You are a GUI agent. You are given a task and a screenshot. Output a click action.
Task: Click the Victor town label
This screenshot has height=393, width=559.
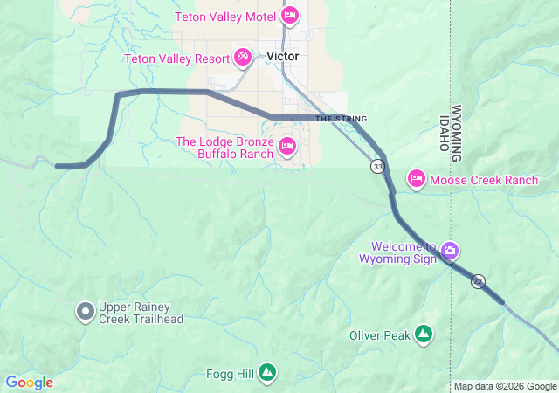(x=282, y=56)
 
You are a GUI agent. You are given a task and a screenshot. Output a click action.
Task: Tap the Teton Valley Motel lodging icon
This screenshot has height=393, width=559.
(x=290, y=15)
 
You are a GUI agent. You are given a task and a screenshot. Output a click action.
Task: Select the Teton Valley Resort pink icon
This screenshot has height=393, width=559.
(x=243, y=59)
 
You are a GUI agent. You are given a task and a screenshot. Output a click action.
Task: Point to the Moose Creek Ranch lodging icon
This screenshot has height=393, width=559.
(x=417, y=180)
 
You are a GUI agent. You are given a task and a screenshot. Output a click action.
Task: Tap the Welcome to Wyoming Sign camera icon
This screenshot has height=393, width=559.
(x=449, y=251)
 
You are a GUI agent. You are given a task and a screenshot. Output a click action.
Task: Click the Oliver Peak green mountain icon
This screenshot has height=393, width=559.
(x=424, y=334)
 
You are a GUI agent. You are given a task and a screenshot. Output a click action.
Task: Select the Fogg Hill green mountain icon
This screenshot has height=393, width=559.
(x=267, y=373)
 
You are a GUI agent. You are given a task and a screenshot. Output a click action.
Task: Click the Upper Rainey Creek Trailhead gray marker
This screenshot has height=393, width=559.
(x=86, y=311)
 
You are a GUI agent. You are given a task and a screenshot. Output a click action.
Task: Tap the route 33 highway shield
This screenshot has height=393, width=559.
(x=377, y=166)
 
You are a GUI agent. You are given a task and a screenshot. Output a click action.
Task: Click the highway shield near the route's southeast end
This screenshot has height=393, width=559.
(x=478, y=280)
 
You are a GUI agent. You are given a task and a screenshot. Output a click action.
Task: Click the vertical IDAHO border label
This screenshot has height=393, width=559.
(x=444, y=132)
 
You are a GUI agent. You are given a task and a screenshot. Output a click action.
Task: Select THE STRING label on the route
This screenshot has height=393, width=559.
(x=341, y=119)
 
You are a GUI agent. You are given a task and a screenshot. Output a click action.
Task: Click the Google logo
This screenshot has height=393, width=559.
(x=29, y=383)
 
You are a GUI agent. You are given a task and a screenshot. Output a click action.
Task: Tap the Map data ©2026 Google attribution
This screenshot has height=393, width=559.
(x=504, y=386)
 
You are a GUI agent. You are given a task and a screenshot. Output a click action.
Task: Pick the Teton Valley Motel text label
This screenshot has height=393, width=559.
(x=225, y=17)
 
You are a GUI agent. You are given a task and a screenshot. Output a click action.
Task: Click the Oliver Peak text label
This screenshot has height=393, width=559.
(x=379, y=334)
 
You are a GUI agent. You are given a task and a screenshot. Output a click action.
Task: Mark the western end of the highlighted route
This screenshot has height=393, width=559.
(x=58, y=165)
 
